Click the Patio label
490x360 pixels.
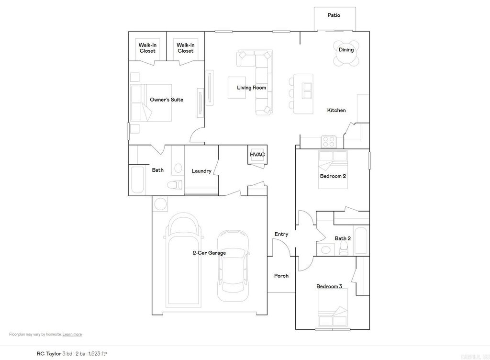pos(334,15)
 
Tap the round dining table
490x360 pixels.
pos(346,56)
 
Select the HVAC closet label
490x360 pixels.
pos(257,155)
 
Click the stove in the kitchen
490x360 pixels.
pos(328,142)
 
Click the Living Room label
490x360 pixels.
pos(251,88)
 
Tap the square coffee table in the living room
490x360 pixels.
pos(236,88)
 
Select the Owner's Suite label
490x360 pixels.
pos(167,100)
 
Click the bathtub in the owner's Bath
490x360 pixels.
pos(137,180)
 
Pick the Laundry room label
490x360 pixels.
pos(201,171)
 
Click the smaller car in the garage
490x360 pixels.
pos(233,266)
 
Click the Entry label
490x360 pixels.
pos(281,234)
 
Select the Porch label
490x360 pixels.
pos(281,276)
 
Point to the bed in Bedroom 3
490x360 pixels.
pos(333,309)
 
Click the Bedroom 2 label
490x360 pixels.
pos(333,176)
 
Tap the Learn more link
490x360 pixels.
pos(72,334)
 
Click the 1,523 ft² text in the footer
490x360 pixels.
pos(98,353)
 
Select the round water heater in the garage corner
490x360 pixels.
pos(160,204)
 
